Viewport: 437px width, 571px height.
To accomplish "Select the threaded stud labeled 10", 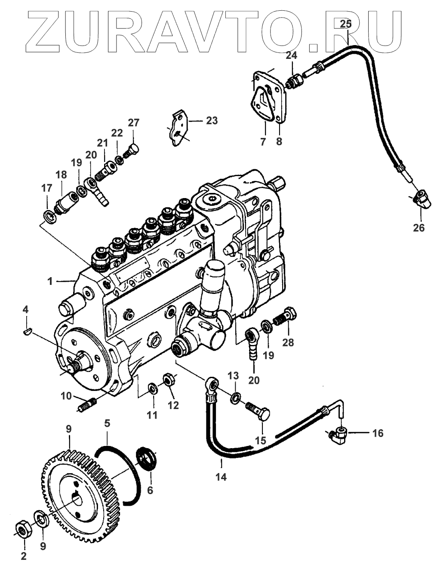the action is coord(87,405).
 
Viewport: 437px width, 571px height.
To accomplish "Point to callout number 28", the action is coord(288,342).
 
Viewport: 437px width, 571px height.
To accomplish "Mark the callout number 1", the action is coord(50,281).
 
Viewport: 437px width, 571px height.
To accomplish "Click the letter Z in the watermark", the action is coord(43,31).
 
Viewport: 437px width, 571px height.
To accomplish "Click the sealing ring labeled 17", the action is coord(49,217).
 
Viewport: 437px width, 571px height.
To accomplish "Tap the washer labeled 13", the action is coord(235,398).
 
